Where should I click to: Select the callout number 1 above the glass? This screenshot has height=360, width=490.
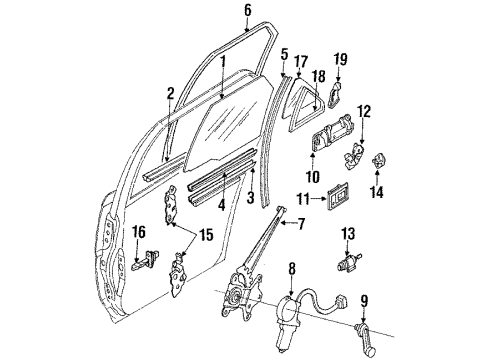tap(222, 62)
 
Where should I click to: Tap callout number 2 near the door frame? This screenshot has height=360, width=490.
tap(170, 93)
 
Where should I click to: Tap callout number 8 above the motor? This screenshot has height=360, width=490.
tap(291, 270)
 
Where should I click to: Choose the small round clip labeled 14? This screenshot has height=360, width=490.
tap(380, 160)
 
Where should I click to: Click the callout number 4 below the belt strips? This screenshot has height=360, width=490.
tap(208, 208)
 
